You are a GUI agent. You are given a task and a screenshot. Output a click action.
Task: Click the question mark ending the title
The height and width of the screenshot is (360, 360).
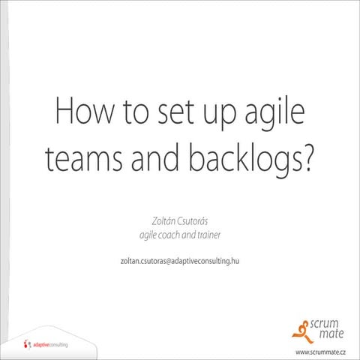307,158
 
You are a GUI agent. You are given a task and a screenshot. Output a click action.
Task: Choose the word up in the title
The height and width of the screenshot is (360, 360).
220,115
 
